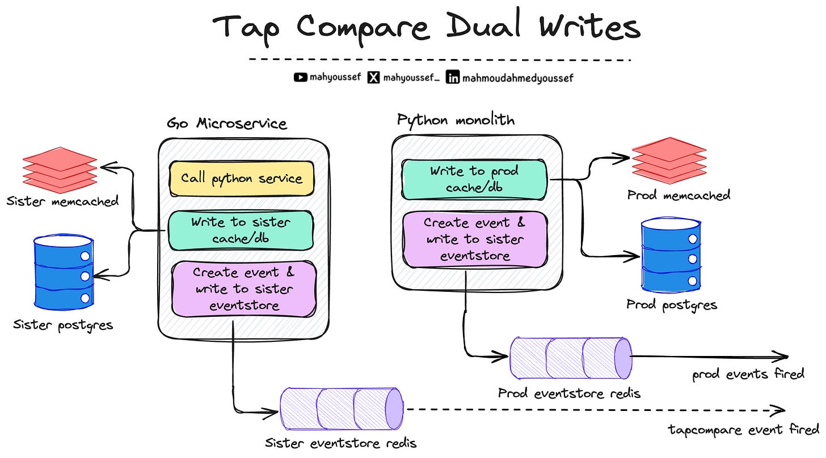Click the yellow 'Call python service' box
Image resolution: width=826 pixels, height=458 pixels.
[x=242, y=179]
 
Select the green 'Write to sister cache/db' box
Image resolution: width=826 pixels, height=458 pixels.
[x=241, y=230]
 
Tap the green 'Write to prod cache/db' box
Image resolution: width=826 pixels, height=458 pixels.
[x=474, y=178]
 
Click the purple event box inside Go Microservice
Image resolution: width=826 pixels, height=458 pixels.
[x=244, y=289]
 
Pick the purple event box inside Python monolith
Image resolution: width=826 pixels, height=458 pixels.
[x=474, y=239]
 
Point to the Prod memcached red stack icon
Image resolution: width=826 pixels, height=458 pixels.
[x=669, y=159]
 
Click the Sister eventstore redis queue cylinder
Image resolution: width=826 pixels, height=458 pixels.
[x=342, y=409]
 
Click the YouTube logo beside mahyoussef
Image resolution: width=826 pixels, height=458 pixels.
[x=301, y=78]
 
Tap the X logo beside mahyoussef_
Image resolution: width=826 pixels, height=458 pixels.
[x=373, y=78]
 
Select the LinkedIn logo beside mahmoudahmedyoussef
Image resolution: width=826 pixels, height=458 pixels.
[x=453, y=78]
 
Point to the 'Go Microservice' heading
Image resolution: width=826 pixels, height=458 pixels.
[x=226, y=124]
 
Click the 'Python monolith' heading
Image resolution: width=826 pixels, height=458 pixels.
[x=456, y=120]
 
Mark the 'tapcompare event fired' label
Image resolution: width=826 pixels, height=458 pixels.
[x=744, y=429]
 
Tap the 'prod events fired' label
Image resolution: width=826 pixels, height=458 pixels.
[x=748, y=374]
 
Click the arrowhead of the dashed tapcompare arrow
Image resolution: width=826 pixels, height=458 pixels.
[x=781, y=410]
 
